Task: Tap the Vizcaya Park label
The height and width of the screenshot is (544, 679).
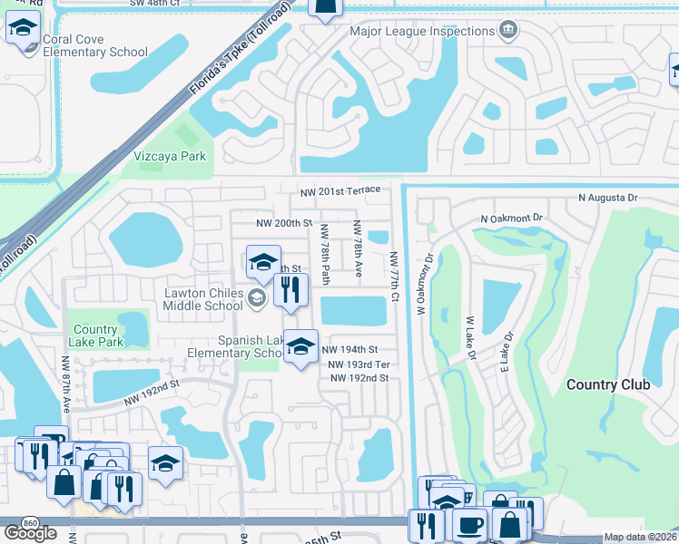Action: pos(170,156)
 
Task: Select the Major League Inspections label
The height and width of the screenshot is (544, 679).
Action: pos(422,32)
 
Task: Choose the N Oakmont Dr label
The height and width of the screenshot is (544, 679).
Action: pos(511,219)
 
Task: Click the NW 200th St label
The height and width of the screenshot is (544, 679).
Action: pos(284,223)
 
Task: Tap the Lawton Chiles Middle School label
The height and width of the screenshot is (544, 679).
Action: pos(203,299)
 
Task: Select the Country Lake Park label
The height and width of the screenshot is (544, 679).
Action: pos(95,335)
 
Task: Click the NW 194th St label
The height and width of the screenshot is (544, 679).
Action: pos(349,349)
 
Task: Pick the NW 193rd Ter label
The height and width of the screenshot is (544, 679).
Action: pos(359,364)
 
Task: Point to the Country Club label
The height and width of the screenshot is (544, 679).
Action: pos(607,384)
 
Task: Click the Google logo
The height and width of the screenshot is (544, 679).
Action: pos(30,533)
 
